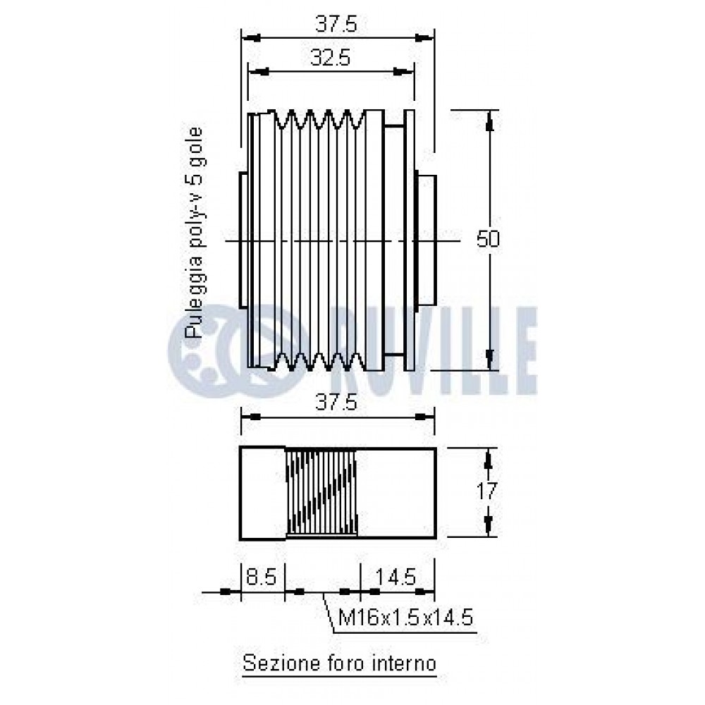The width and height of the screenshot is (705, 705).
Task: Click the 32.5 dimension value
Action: tap(330, 58)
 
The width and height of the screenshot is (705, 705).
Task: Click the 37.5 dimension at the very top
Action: tap(336, 24)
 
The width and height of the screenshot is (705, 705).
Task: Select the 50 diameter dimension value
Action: tap(488, 239)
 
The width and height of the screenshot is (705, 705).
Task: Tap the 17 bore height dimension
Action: tap(486, 491)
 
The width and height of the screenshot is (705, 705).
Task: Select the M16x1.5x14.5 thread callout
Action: tap(405, 618)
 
